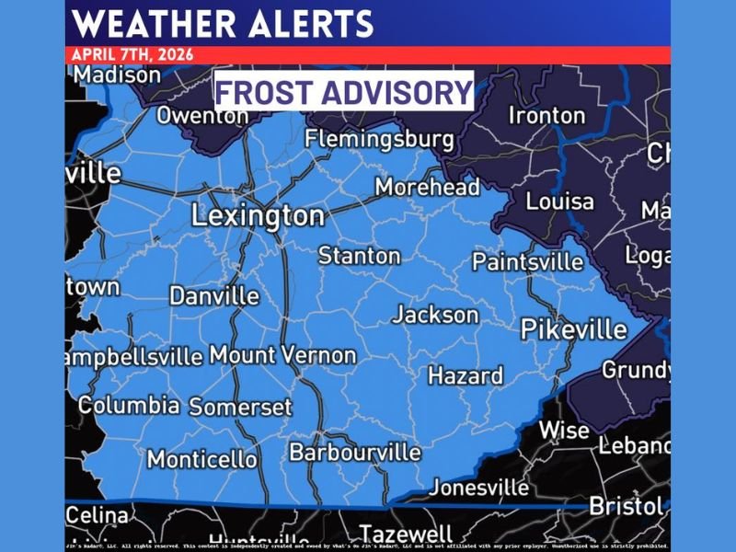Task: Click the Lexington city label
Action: [x=258, y=216]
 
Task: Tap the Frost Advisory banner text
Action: [x=344, y=92]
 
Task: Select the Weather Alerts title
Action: [x=222, y=23]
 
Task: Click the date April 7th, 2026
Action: [x=132, y=54]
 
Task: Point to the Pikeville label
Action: [x=574, y=329]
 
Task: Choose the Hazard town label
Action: [x=466, y=375]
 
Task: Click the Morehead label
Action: [x=428, y=188]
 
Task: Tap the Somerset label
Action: [x=240, y=407]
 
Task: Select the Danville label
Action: [x=214, y=296]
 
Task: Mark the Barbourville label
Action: [x=355, y=453]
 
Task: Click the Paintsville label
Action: [x=528, y=262]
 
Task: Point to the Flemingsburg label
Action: [x=379, y=140]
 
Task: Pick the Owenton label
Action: [x=202, y=117]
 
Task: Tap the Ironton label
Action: [x=547, y=116]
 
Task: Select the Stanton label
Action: [x=360, y=255]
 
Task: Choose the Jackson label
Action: [x=436, y=316]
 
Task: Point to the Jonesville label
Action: [x=479, y=487]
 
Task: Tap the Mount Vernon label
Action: [x=282, y=355]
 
